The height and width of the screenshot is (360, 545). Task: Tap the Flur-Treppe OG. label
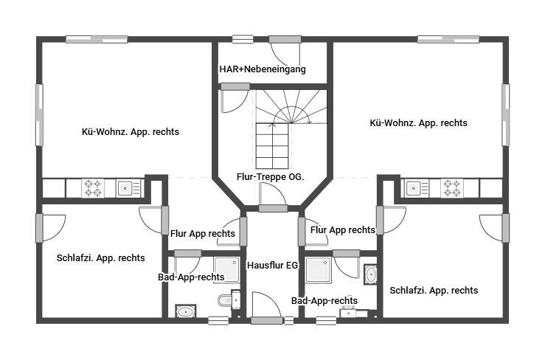(x=271, y=176)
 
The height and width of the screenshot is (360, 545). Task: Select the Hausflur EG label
(x=272, y=264)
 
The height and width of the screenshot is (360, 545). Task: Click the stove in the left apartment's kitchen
(x=92, y=188)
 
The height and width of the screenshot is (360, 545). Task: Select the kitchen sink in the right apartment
(x=413, y=188)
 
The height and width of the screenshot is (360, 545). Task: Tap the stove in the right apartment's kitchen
(x=451, y=188)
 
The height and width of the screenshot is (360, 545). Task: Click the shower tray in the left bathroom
(x=226, y=270)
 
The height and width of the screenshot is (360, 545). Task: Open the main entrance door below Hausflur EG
(x=266, y=319)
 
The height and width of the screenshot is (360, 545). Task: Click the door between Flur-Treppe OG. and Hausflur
(x=273, y=207)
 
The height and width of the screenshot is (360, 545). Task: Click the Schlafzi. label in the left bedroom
(x=100, y=258)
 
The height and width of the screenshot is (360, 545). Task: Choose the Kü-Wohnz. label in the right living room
(x=418, y=123)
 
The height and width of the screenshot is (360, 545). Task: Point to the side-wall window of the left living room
(x=39, y=114)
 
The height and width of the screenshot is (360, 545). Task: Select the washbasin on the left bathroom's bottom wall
(x=184, y=311)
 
